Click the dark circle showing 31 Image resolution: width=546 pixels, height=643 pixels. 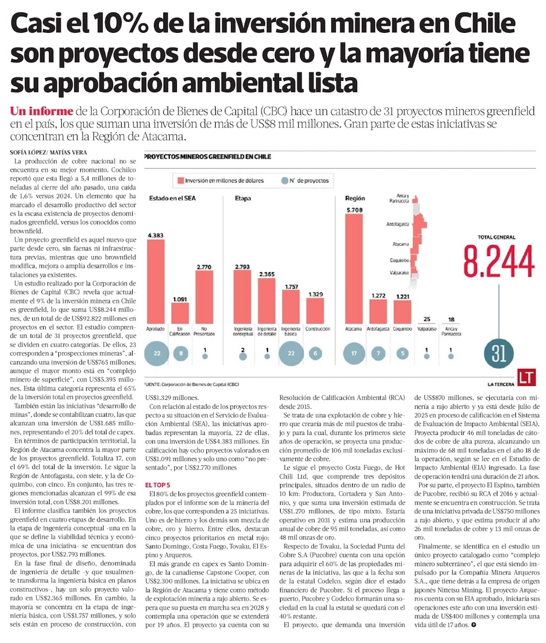click(x=497, y=352)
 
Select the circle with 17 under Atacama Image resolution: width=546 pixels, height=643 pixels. click(x=354, y=353)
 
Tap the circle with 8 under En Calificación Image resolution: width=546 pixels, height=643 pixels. click(x=180, y=353)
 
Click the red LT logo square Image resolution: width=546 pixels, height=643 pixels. click(x=527, y=377)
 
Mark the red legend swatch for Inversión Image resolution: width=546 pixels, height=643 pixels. click(x=179, y=180)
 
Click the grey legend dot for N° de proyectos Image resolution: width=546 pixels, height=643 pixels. click(x=283, y=180)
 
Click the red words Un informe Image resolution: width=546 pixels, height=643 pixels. click(x=41, y=111)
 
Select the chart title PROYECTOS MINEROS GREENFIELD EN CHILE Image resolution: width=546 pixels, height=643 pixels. click(x=207, y=157)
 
